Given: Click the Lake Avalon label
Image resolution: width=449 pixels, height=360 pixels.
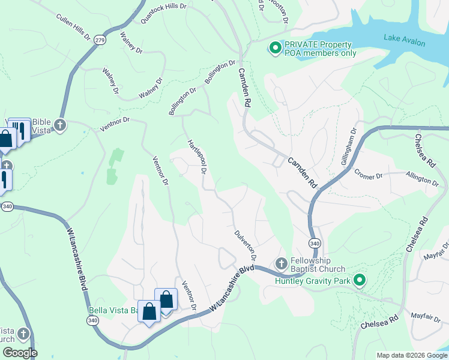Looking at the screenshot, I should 404,41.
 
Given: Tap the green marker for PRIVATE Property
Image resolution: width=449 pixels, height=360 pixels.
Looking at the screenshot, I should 276,47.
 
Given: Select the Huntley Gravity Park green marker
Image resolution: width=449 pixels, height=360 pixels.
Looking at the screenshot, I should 359,280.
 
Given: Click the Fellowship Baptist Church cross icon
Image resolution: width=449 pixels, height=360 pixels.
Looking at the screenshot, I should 281,263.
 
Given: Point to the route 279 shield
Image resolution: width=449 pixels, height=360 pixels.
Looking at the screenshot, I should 100,40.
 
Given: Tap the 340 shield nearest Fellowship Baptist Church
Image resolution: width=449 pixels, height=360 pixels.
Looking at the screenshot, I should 314,242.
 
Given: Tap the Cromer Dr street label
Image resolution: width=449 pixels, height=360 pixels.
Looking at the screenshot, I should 368,176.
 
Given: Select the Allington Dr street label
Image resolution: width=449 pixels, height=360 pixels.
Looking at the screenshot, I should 422,179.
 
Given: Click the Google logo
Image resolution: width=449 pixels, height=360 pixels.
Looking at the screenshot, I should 19,352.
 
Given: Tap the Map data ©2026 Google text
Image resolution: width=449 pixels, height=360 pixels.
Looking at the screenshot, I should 411,355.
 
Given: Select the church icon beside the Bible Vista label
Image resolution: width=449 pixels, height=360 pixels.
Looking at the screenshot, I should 59,125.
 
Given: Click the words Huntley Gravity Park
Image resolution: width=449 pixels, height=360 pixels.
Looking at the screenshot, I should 313,281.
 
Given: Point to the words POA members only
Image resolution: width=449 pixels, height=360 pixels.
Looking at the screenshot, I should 321,53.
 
